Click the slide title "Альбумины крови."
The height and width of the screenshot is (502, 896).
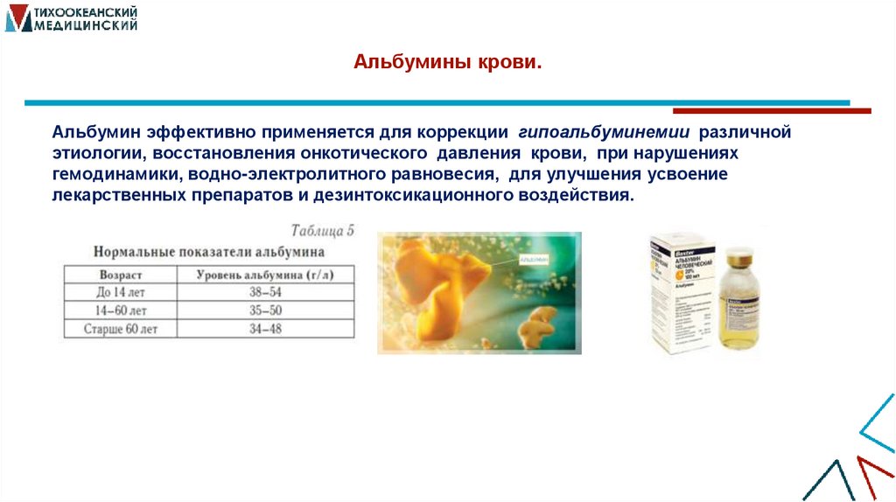(448, 63)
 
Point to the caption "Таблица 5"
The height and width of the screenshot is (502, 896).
(321, 232)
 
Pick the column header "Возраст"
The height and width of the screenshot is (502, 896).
(121, 274)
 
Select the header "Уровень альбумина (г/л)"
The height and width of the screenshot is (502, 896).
(265, 274)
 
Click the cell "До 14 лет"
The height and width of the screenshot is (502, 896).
(121, 292)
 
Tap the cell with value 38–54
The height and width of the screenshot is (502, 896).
(265, 292)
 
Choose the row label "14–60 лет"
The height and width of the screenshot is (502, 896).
(121, 310)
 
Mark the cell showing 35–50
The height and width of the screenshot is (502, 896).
(265, 310)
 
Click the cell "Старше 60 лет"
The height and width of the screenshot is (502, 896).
(121, 329)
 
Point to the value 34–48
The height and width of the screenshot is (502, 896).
(265, 329)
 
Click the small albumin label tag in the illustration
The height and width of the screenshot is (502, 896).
(534, 260)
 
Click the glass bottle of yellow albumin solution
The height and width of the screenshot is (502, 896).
(739, 306)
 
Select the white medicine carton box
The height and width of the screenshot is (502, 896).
(681, 293)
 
